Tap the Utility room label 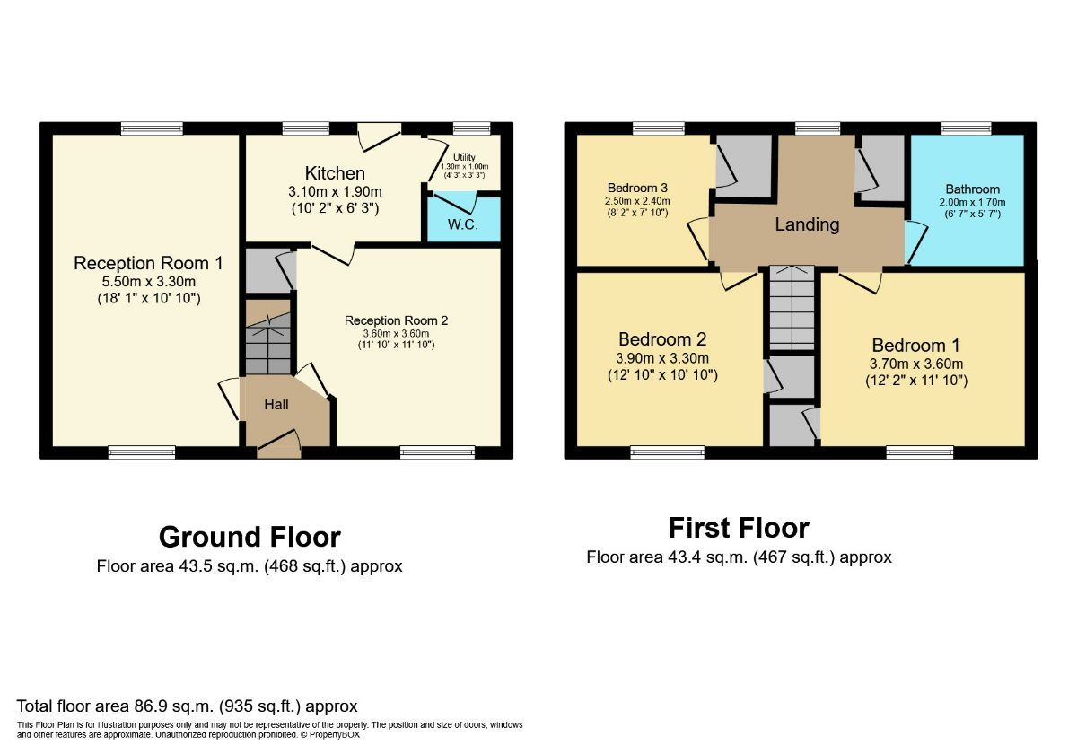click(x=464, y=157)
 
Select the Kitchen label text click(x=335, y=173)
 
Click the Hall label click(x=276, y=405)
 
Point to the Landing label click(x=807, y=224)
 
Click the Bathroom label click(x=972, y=189)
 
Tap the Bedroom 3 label click(x=637, y=188)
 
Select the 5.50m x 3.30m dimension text click(x=148, y=281)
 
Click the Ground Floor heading click(x=250, y=537)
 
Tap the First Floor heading click(x=739, y=527)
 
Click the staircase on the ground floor click(x=268, y=345)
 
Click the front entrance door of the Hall click(x=279, y=446)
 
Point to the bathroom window click(x=966, y=128)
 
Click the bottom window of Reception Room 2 click(x=425, y=452)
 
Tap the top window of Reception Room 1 click(x=145, y=128)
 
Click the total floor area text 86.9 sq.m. click(x=187, y=706)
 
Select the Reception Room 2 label click(x=396, y=320)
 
